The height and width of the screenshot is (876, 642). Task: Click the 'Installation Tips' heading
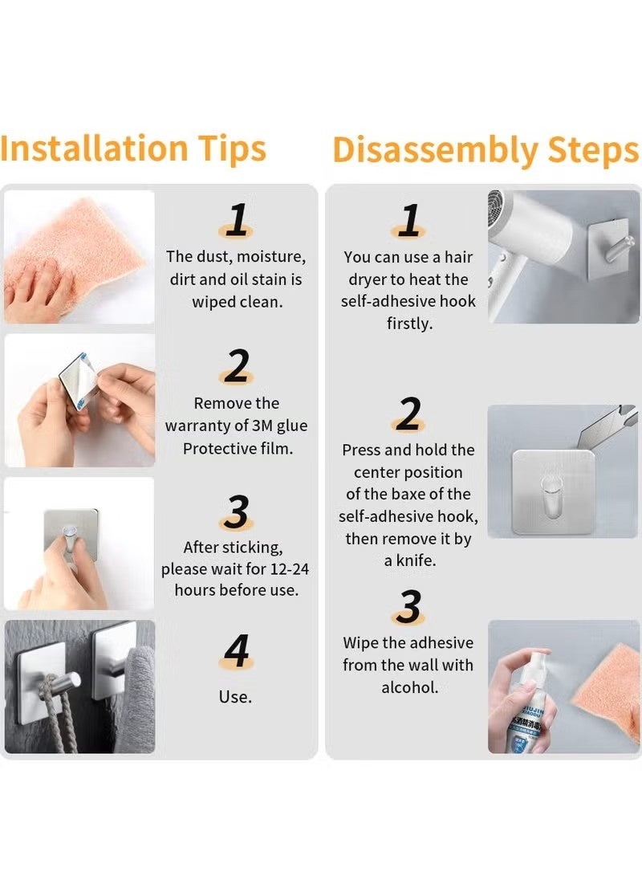pos(133,149)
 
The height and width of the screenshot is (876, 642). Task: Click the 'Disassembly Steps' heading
pos(486,150)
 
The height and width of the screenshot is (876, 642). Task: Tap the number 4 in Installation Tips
pos(236,651)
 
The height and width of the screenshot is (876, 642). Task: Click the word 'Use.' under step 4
pos(235,697)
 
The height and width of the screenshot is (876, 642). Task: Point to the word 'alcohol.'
pos(409,687)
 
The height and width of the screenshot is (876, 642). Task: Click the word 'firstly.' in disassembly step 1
pos(409,324)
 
